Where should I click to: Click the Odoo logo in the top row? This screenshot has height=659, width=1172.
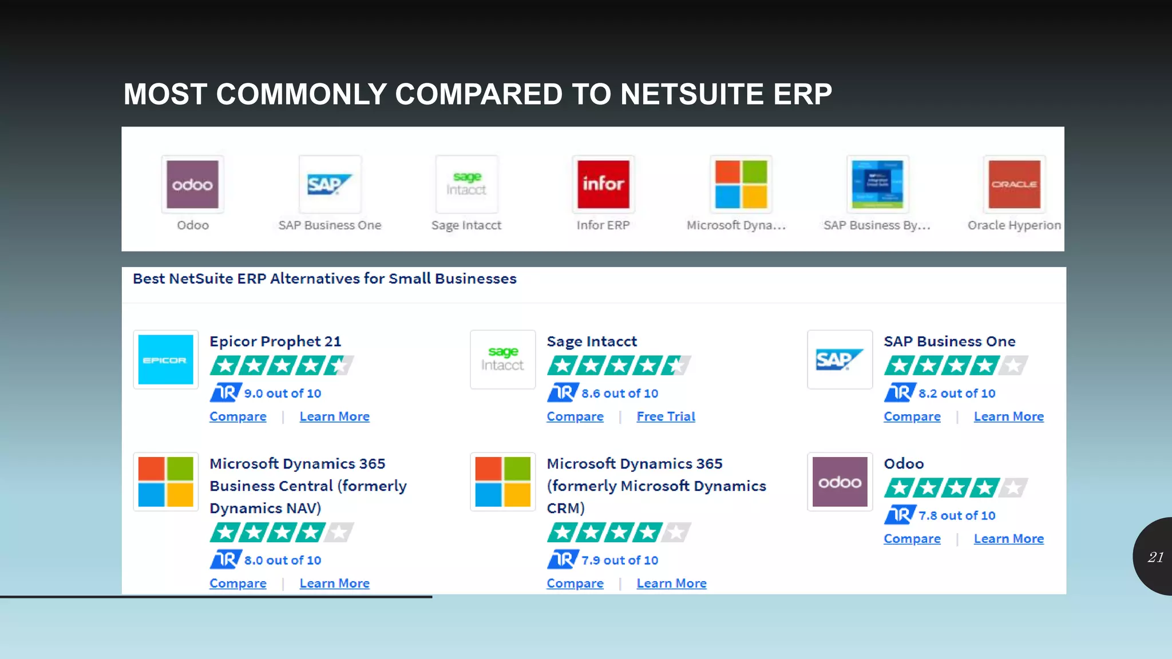tap(192, 184)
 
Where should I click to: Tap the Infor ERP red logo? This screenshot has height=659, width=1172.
tap(603, 184)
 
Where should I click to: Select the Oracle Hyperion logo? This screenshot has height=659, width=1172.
tap(1014, 184)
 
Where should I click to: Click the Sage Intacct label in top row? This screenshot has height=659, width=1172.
tap(466, 225)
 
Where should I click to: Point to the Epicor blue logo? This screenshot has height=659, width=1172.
tap(165, 360)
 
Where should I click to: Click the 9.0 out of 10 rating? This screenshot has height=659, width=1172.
tap(282, 394)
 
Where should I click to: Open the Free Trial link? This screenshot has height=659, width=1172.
tap(666, 416)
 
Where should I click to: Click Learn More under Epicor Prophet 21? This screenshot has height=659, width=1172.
tap(334, 416)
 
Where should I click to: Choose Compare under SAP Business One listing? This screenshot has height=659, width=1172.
tap(912, 416)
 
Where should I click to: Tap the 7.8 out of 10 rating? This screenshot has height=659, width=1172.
tap(956, 515)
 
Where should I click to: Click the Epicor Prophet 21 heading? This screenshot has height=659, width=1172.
tap(275, 342)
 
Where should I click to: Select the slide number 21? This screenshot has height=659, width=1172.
tap(1155, 557)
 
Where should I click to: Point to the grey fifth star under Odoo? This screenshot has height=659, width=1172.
tap(1013, 488)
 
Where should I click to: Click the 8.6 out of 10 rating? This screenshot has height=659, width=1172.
tap(619, 394)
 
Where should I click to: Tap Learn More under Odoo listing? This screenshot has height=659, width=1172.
tap(1008, 539)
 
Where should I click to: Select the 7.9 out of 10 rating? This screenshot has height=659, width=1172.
tap(619, 561)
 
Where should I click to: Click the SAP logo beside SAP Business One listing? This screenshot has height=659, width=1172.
tap(840, 360)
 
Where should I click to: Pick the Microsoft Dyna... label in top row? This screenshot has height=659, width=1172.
tap(736, 225)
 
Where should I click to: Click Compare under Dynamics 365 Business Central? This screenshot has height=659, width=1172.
tap(237, 583)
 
